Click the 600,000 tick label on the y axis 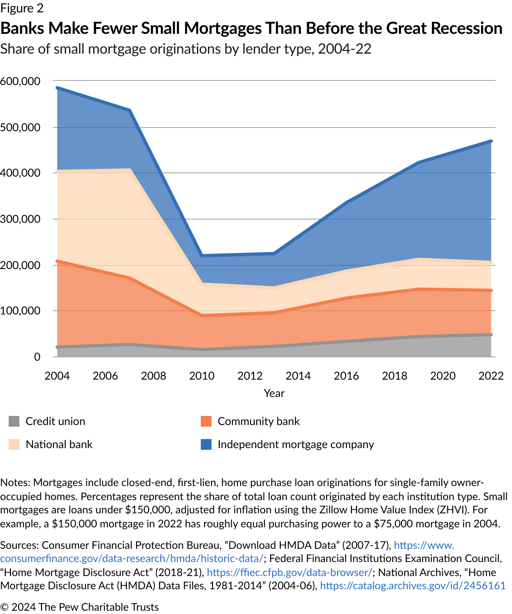point(20,81)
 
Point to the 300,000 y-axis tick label point(20,219)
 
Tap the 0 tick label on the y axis point(37,357)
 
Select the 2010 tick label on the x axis point(202,376)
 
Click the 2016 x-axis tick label point(346,376)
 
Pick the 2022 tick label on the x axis point(491,376)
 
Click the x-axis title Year point(274,393)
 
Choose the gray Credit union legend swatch point(14,421)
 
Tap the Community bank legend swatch point(206,421)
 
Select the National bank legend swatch point(14,444)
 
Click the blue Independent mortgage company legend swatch point(206,444)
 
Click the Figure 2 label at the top point(22,8)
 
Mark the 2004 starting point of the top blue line point(57,87)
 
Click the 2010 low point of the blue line point(202,256)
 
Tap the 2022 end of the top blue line point(491,141)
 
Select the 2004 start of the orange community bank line point(57,261)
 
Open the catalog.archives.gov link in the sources point(413,586)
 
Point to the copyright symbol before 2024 point(5,607)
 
